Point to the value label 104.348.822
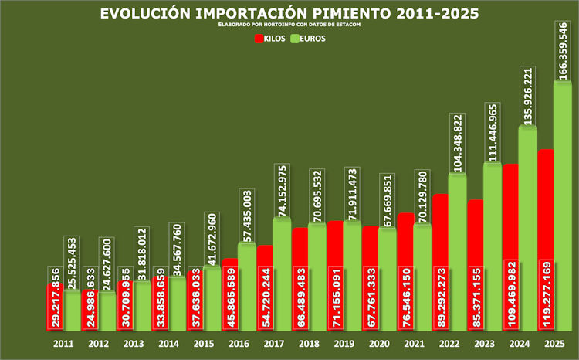point(457,143)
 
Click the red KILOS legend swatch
point(259,39)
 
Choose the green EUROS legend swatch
point(296,39)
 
